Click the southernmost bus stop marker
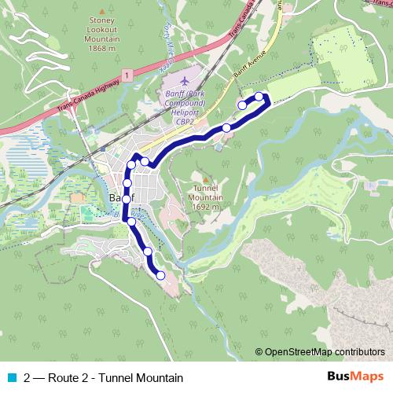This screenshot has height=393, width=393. (160, 275)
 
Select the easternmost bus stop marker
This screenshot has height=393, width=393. (259, 97)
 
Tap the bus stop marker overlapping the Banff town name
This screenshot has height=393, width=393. (126, 199)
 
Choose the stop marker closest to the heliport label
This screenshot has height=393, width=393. (226, 127)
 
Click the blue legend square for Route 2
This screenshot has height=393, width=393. (10, 377)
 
